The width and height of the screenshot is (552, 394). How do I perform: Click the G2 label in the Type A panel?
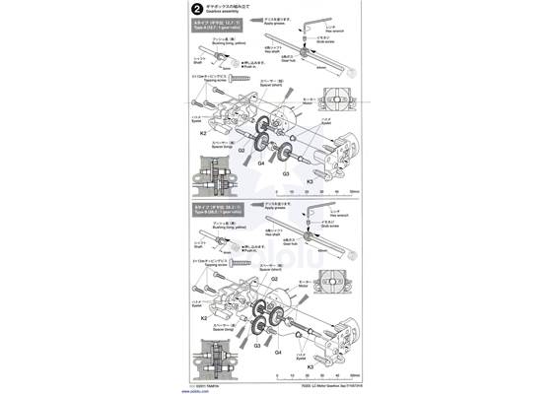click(x=240, y=151)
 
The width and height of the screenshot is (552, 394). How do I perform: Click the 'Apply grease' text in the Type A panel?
click(x=277, y=24)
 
